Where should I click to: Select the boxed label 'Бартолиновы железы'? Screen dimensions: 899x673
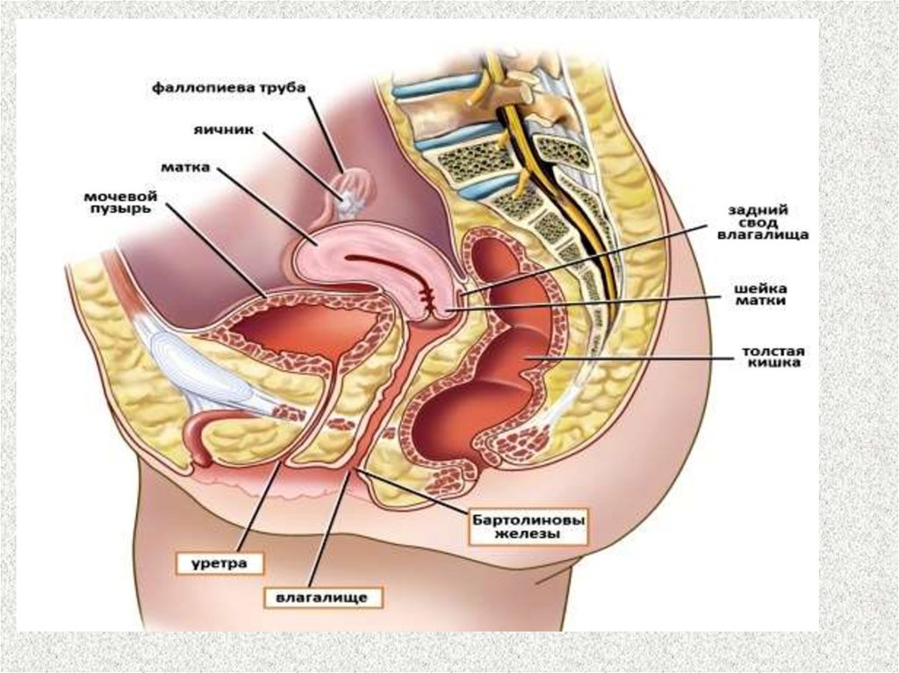[x=528, y=526]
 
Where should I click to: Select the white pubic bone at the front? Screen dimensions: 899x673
[x=189, y=369]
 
